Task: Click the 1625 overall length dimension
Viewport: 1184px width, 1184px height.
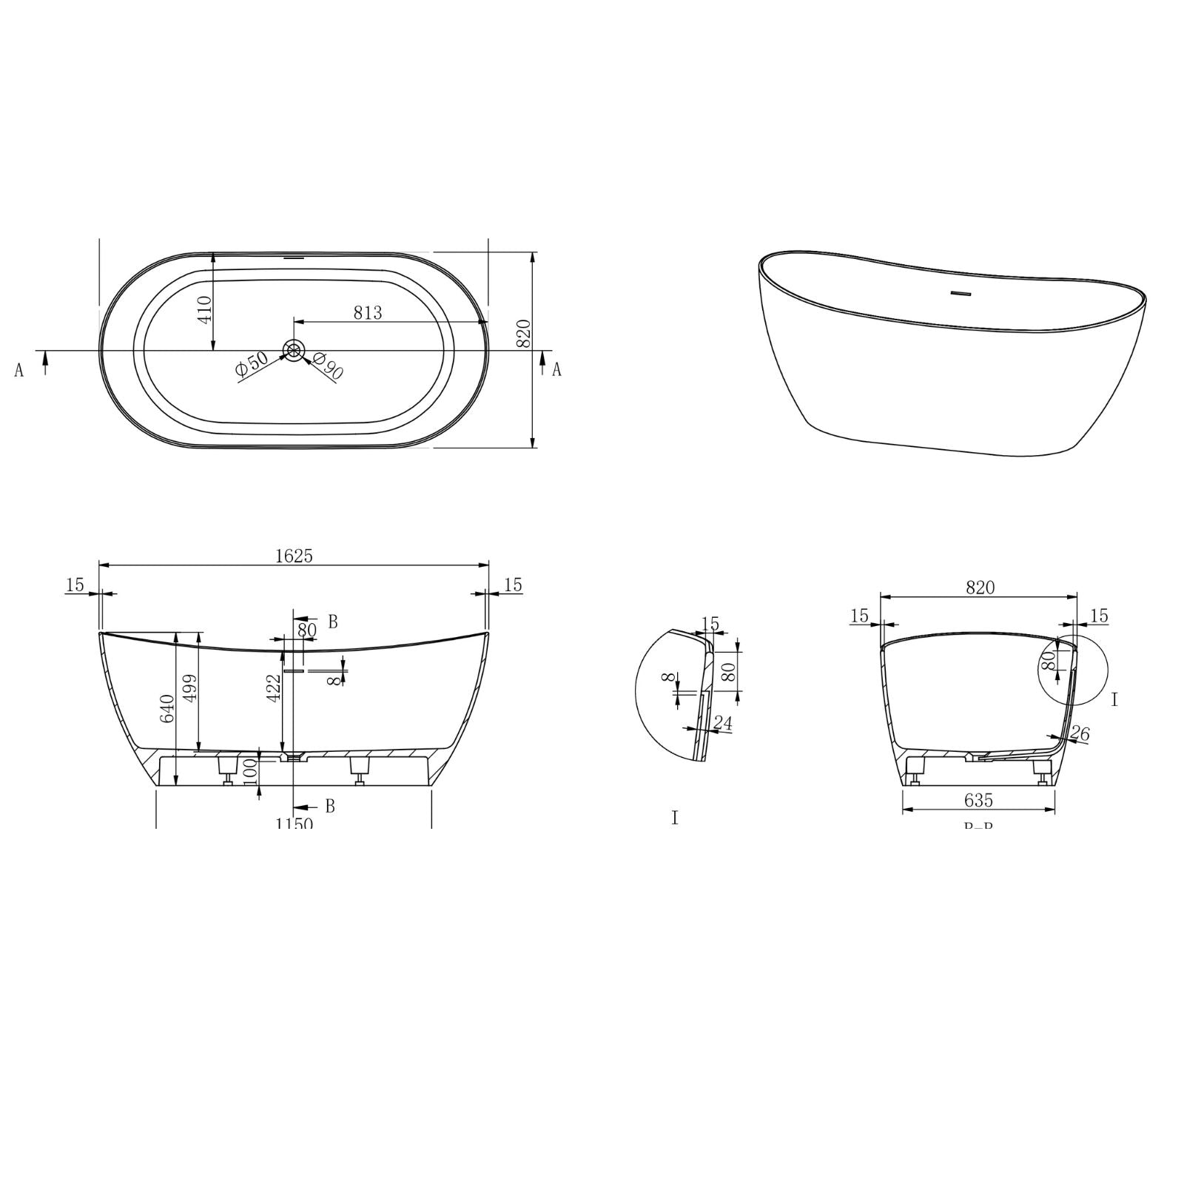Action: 294,556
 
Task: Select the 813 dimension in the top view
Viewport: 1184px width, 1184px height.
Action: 367,313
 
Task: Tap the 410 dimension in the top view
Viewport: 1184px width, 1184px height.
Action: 205,308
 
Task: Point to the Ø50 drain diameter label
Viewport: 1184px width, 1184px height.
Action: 252,366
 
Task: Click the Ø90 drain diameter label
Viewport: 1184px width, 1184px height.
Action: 328,366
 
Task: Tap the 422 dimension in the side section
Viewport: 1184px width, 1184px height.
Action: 273,688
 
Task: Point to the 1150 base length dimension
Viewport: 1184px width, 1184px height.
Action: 294,823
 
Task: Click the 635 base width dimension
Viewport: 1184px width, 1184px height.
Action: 978,800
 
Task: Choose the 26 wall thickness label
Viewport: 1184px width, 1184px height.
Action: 1080,734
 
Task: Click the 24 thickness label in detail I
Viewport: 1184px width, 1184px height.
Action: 722,722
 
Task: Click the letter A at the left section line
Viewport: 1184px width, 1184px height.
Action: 19,370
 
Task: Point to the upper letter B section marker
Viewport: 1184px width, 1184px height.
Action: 332,622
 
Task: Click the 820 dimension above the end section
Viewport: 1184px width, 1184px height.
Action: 980,588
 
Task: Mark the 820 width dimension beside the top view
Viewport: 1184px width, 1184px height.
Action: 523,334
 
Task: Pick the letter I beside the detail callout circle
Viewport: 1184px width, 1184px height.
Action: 1114,699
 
